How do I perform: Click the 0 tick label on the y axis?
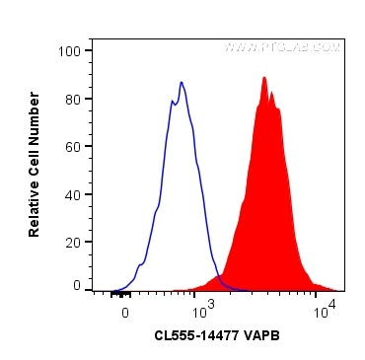coord(77,285)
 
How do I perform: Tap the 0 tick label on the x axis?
coord(124,313)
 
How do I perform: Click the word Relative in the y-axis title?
coord(35,209)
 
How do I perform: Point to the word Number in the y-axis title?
coord(35,108)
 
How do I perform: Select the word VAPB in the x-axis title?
coord(262,335)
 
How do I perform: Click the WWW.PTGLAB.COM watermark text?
coord(281,46)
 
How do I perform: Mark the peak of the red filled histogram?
coord(264,78)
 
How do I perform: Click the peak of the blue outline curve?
coord(182,82)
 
